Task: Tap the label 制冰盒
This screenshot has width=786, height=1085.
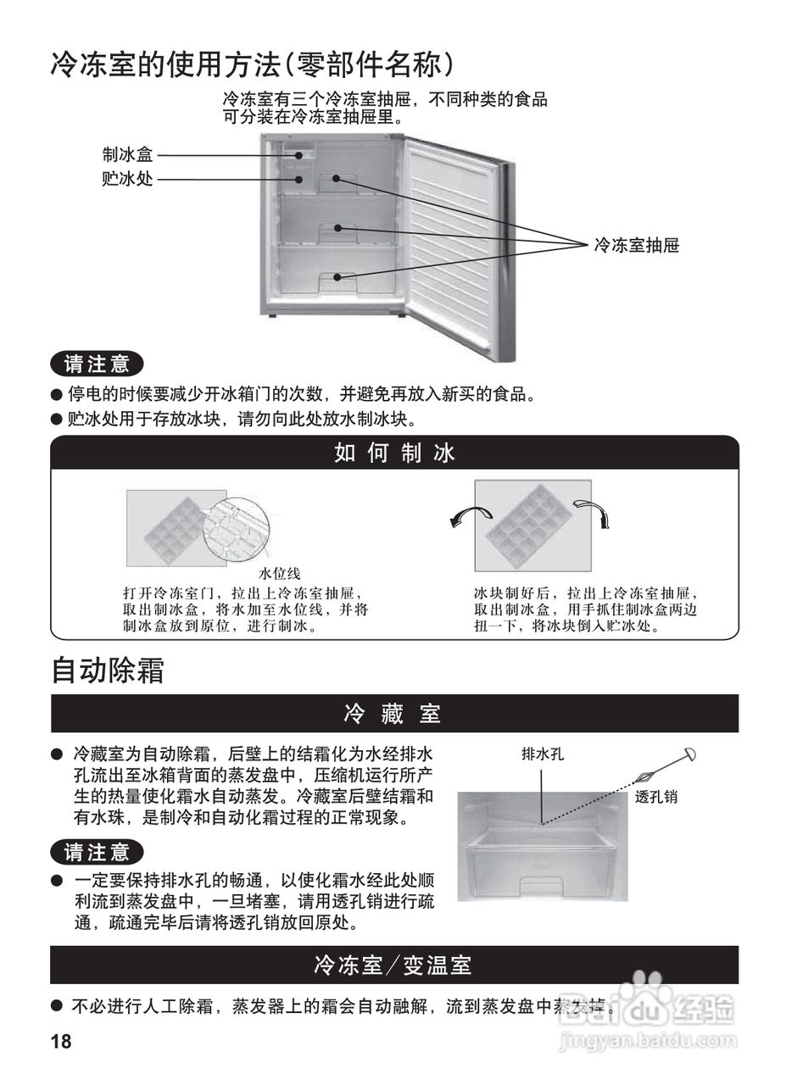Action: click(127, 155)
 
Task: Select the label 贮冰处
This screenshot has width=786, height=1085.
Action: click(127, 179)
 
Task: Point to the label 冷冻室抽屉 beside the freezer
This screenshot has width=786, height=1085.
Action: click(636, 246)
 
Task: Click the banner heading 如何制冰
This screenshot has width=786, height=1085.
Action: click(394, 453)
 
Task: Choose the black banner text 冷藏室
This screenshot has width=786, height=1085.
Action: click(393, 714)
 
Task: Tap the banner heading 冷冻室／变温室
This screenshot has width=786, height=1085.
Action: click(393, 965)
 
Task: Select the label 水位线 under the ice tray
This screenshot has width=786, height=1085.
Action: click(280, 574)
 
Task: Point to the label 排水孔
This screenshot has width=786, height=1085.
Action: click(543, 753)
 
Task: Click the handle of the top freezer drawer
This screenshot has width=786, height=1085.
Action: click(337, 180)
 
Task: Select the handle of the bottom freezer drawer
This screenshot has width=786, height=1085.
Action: click(337, 277)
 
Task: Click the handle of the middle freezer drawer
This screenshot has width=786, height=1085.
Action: click(337, 228)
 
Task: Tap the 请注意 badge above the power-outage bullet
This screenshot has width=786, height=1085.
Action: click(97, 364)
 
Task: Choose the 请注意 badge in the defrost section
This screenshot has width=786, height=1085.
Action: click(97, 851)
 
